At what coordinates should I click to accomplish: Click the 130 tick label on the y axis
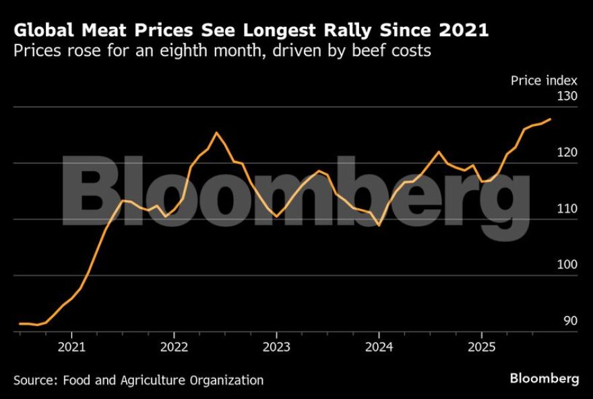[x=567, y=96]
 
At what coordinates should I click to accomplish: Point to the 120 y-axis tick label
[x=567, y=153]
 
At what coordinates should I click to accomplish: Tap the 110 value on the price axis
[x=567, y=209]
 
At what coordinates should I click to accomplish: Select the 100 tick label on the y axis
[x=567, y=265]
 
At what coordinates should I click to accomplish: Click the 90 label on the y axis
[x=570, y=321]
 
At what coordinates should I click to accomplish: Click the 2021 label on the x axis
[x=71, y=347]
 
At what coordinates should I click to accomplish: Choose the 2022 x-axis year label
[x=174, y=347]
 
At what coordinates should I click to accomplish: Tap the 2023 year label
[x=276, y=347]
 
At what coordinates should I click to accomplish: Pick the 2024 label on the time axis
[x=379, y=347]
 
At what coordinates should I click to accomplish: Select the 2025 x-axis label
[x=481, y=347]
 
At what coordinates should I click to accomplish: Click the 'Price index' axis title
[x=544, y=80]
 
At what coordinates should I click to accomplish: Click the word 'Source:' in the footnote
[x=36, y=380]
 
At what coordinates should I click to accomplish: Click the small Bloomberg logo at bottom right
[x=544, y=379]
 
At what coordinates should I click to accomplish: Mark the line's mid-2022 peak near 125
[x=216, y=133]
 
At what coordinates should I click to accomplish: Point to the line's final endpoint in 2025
[x=551, y=119]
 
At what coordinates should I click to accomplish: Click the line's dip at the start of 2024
[x=379, y=225]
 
